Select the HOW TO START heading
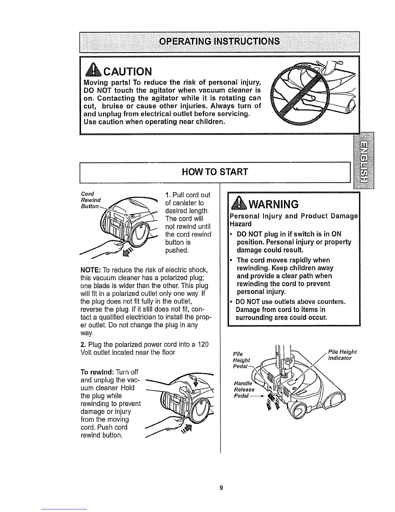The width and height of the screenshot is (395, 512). pos(215,171)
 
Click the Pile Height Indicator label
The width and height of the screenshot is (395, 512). pos(342,355)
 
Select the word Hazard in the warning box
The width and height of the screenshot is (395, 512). pos(240,224)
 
